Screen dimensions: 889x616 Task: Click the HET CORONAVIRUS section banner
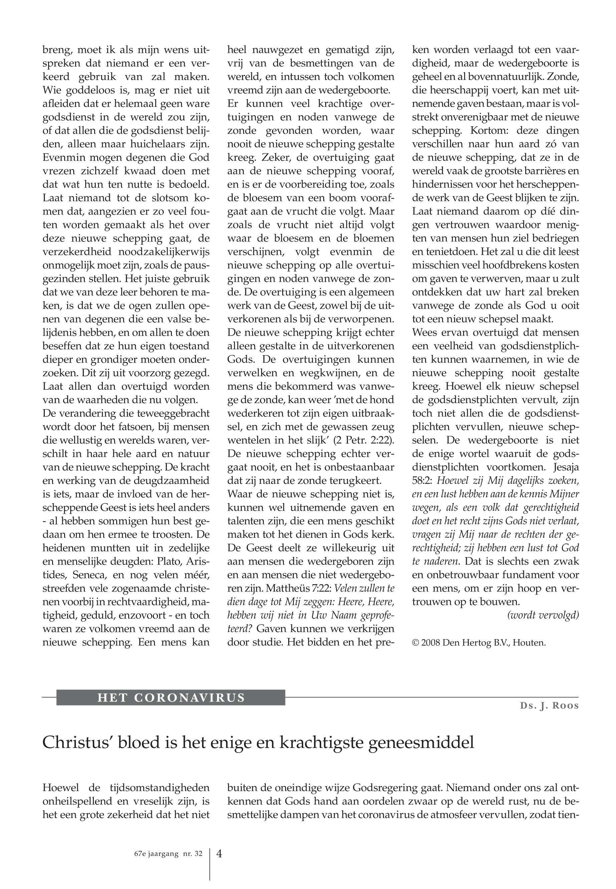click(171, 697)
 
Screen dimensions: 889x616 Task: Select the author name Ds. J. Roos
click(549, 706)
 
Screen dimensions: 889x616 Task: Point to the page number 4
click(219, 853)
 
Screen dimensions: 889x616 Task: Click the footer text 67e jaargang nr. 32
click(166, 854)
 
